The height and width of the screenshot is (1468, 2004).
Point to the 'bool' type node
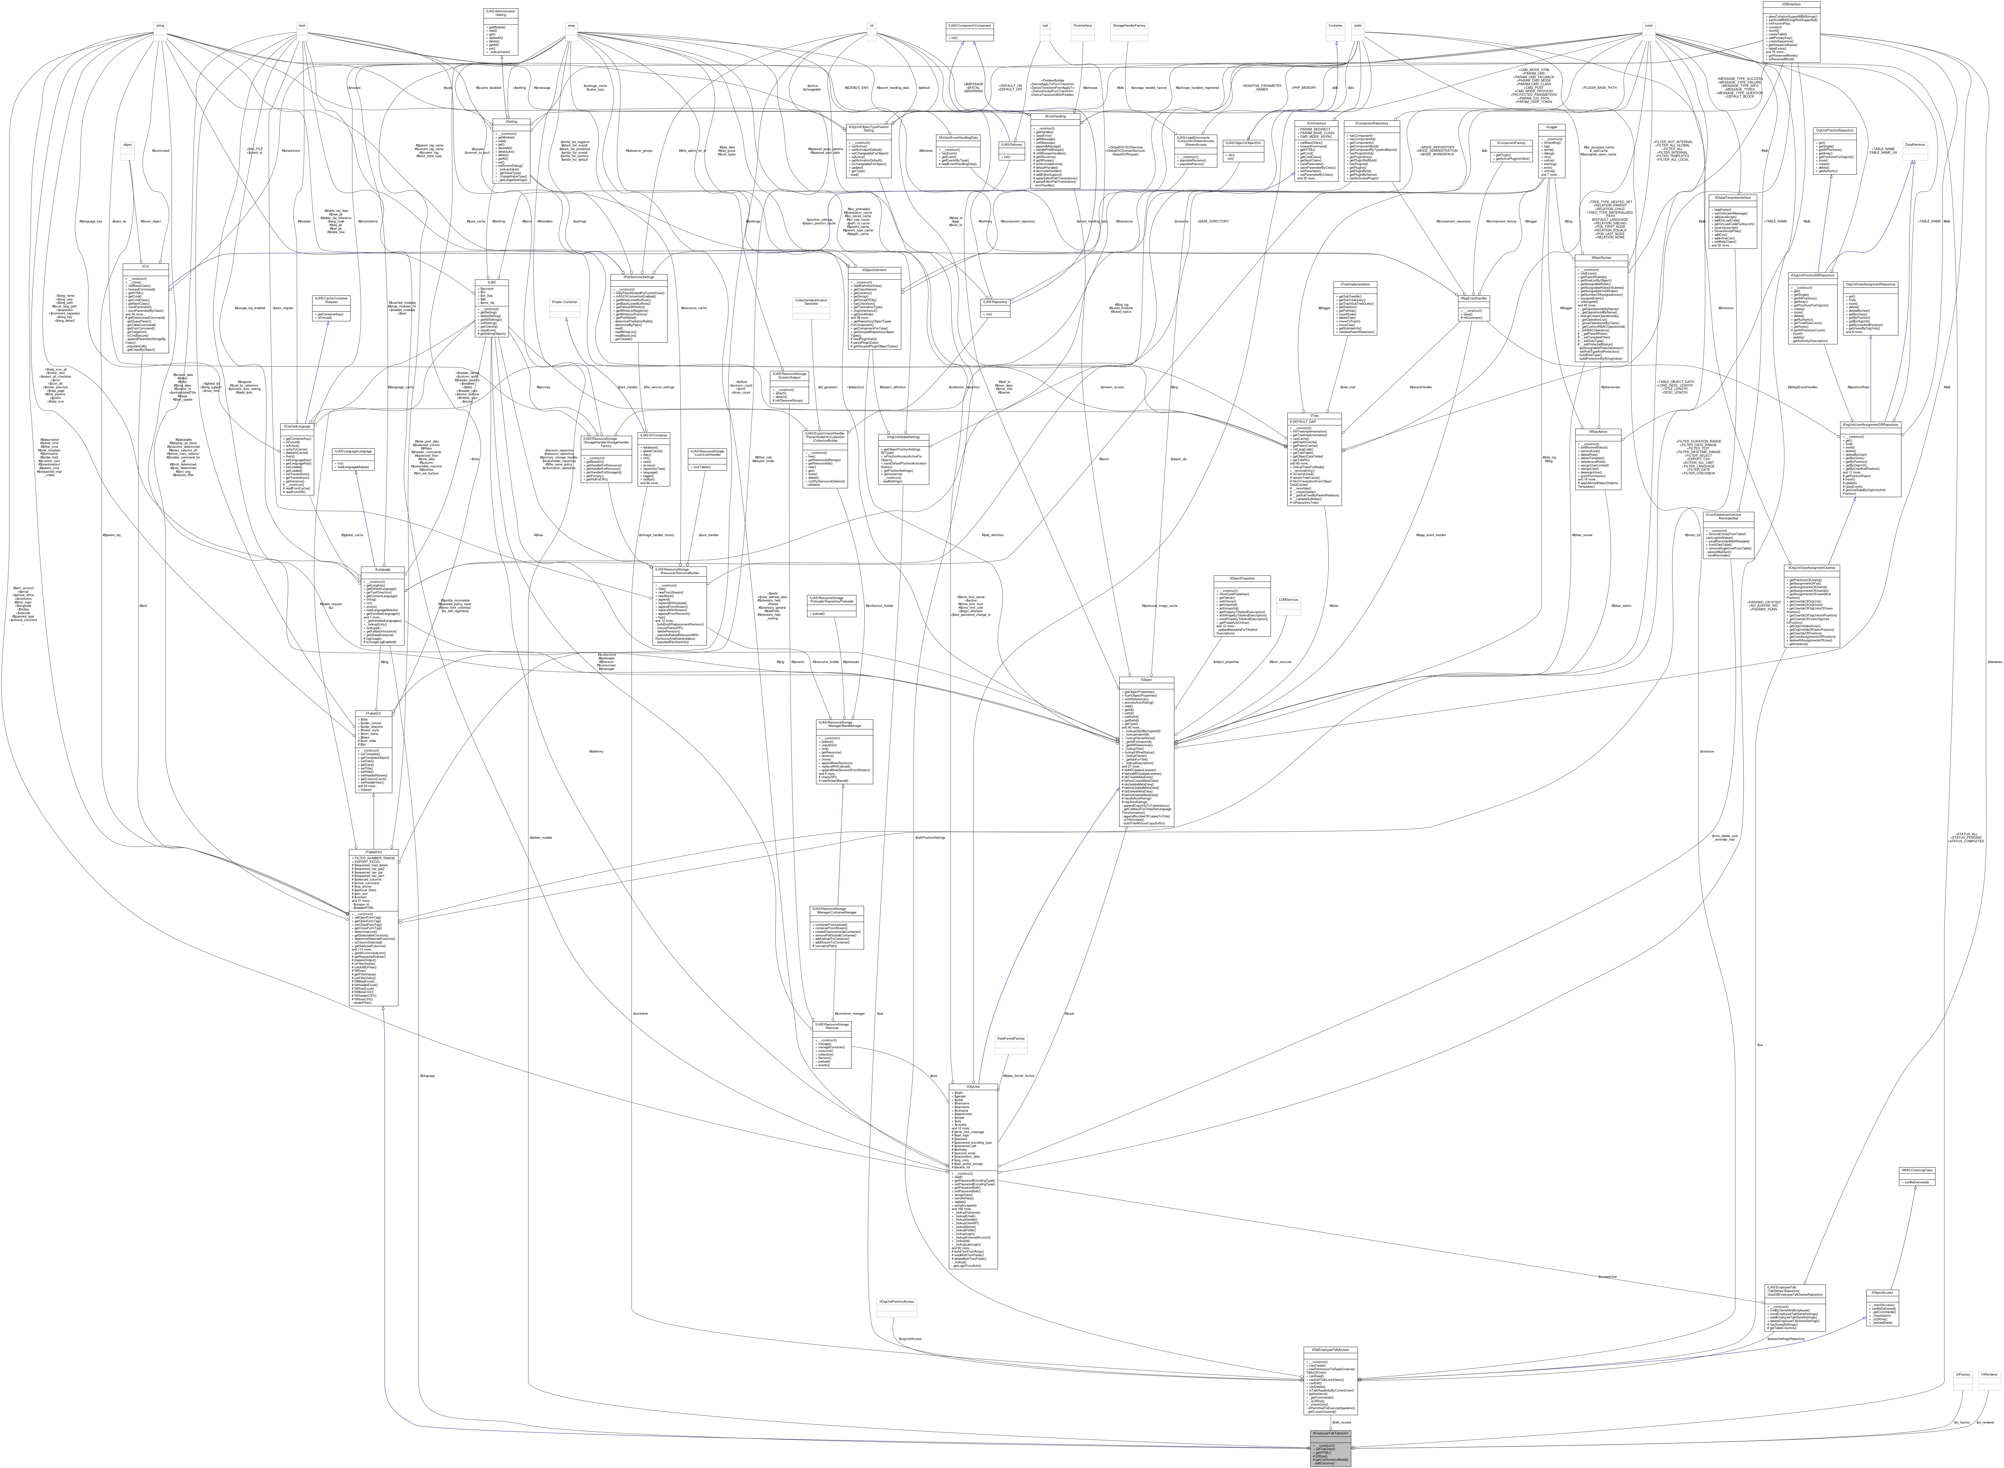302,25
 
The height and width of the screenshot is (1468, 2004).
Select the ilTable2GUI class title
373,851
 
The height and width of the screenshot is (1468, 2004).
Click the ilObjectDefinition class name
874,269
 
